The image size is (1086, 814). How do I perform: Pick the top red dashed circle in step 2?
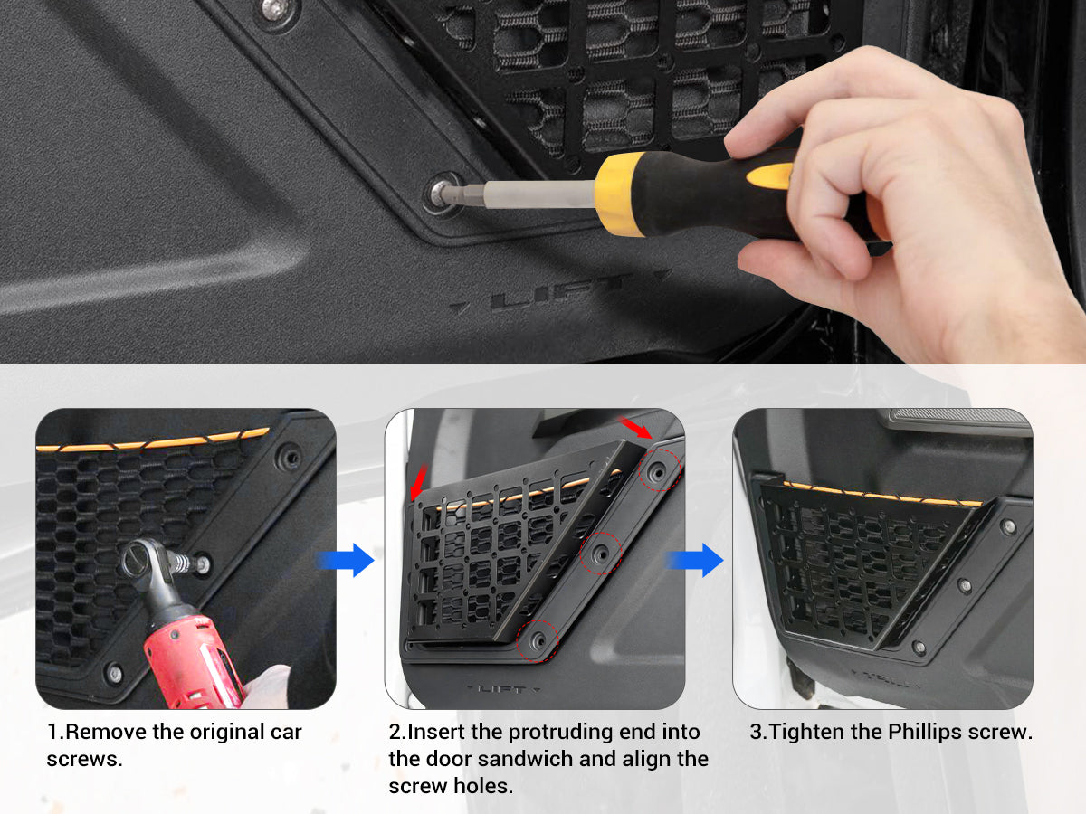pos(660,469)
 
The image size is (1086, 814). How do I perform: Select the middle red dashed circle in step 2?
pos(600,553)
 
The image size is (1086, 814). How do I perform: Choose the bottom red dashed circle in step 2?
pos(539,638)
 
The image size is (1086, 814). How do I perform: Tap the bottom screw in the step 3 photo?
pos(919,648)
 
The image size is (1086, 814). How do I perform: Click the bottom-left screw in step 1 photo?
pos(113,673)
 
